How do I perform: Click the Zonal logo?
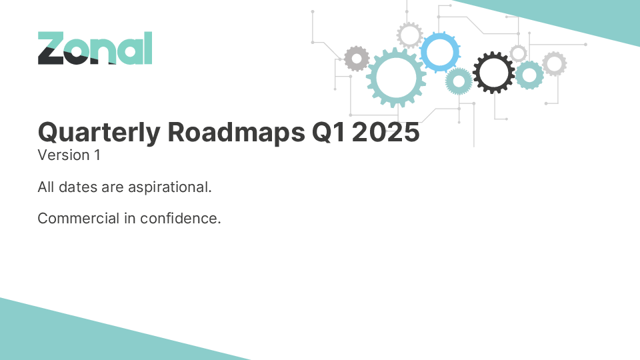95,48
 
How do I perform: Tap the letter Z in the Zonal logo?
51,48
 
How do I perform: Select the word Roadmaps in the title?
236,132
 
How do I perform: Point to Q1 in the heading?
329,132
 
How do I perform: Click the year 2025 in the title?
386,132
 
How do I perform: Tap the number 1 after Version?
97,155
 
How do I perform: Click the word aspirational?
170,187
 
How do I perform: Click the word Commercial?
79,219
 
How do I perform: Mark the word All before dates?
46,187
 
